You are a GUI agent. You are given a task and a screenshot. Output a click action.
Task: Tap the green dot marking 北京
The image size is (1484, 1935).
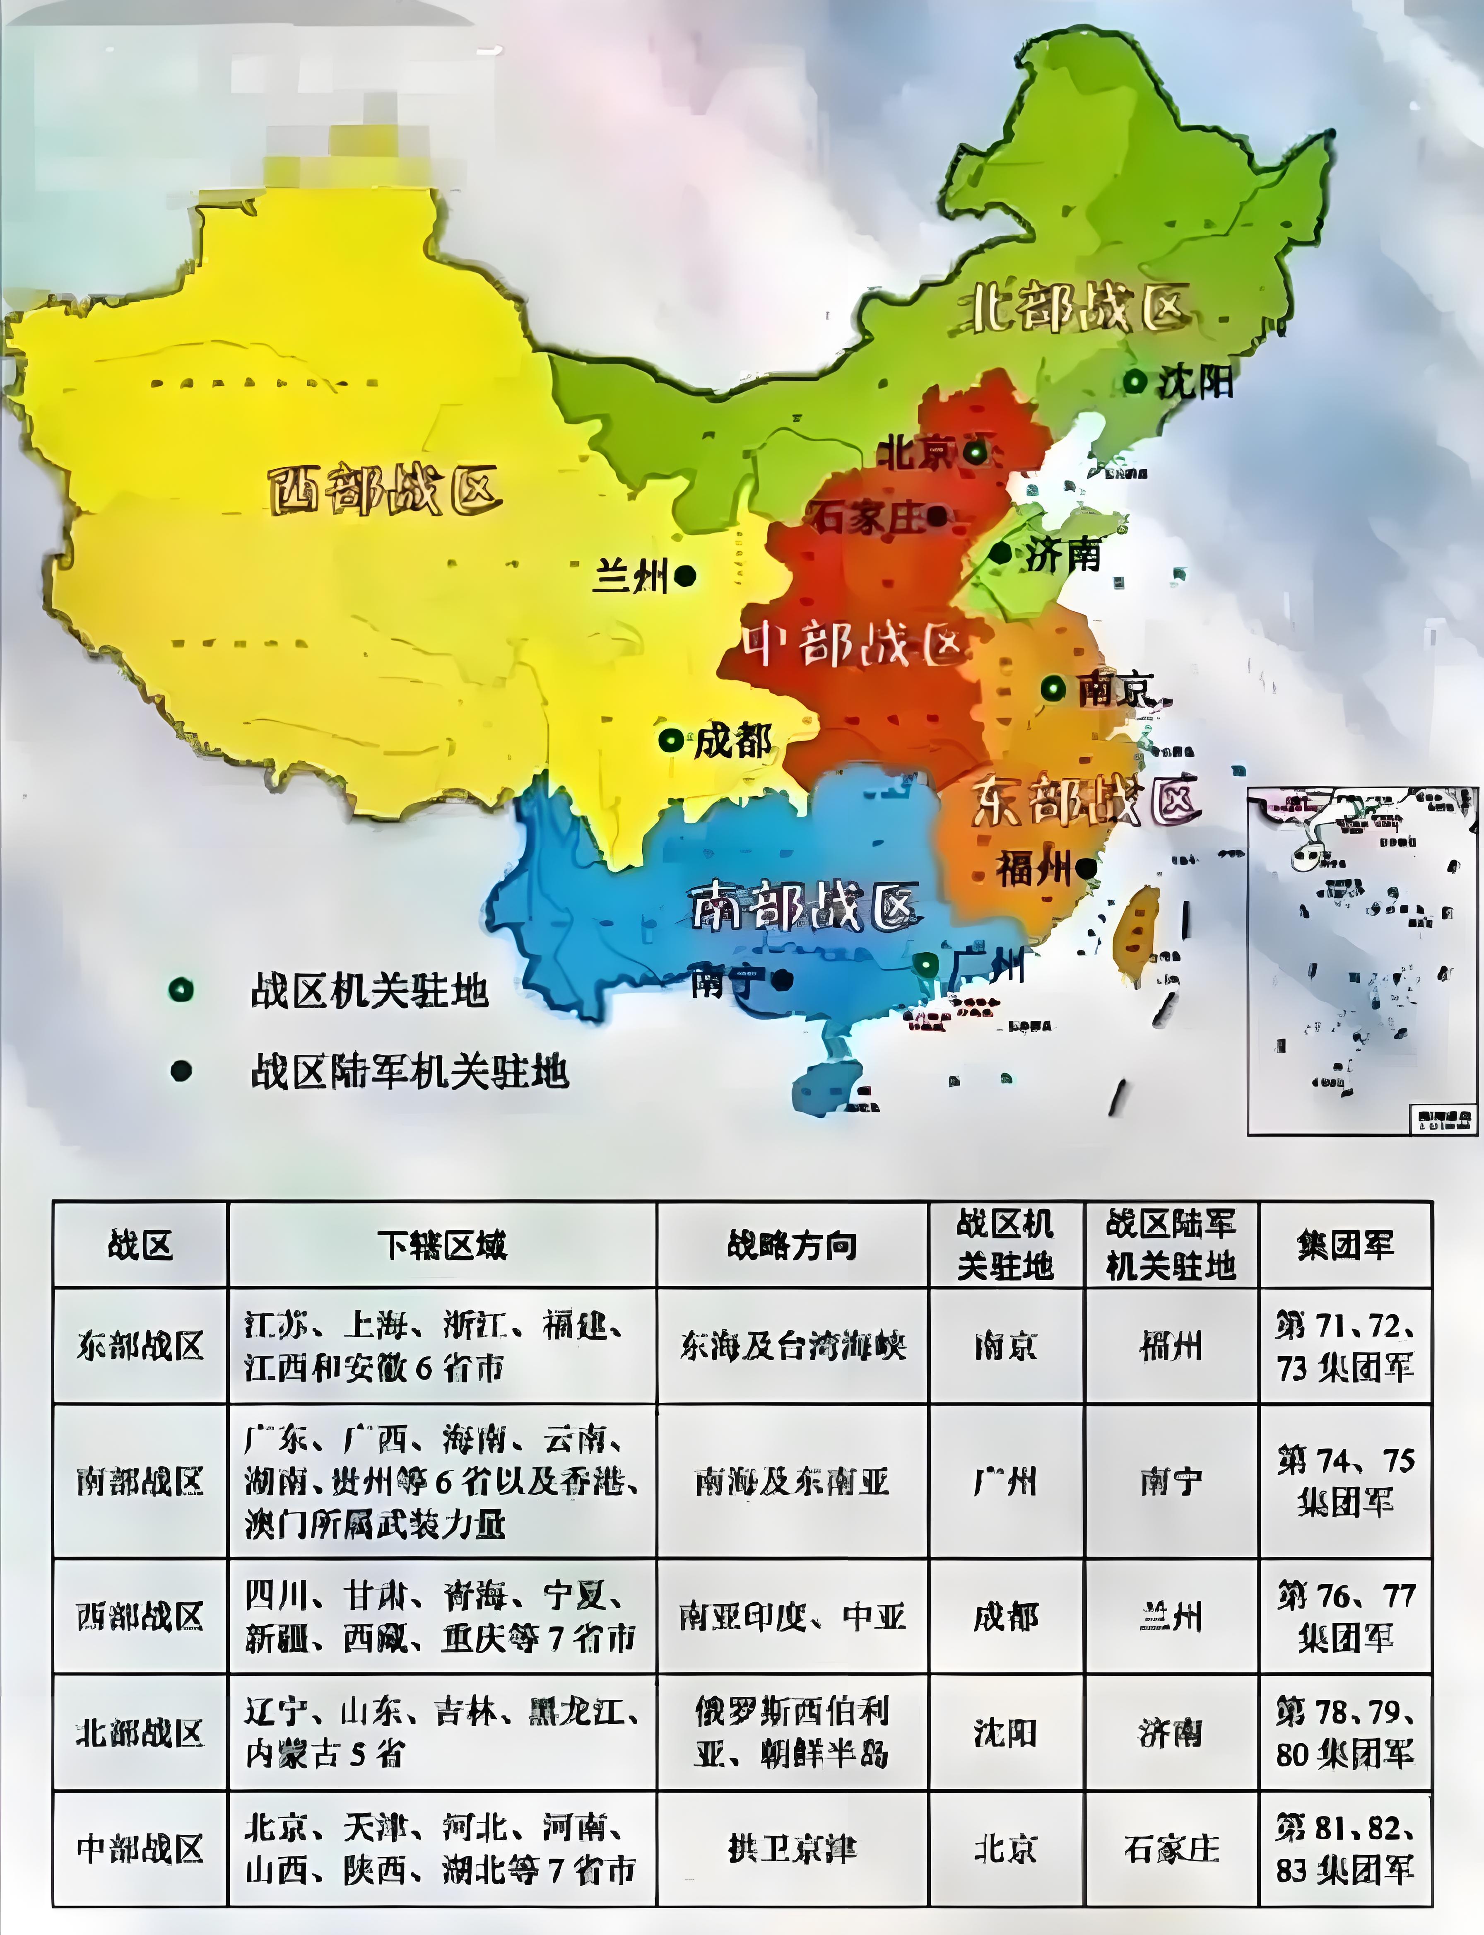tap(975, 452)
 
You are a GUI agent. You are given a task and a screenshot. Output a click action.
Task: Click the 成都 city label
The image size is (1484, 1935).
tap(732, 741)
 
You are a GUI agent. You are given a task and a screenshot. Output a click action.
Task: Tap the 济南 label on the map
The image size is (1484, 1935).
tap(1062, 555)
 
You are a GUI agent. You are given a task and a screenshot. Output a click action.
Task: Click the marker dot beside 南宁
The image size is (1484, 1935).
tap(781, 979)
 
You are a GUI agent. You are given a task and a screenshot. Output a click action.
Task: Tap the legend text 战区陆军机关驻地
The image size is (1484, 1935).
tap(409, 1072)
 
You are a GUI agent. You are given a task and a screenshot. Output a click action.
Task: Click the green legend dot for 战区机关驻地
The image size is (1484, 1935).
tap(181, 989)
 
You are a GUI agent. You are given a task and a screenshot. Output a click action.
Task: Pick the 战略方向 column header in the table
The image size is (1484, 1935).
tap(791, 1245)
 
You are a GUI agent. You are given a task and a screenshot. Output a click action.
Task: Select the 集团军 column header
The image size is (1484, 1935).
tap(1344, 1245)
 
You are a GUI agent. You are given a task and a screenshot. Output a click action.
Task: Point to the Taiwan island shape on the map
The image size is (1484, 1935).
tap(1137, 932)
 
